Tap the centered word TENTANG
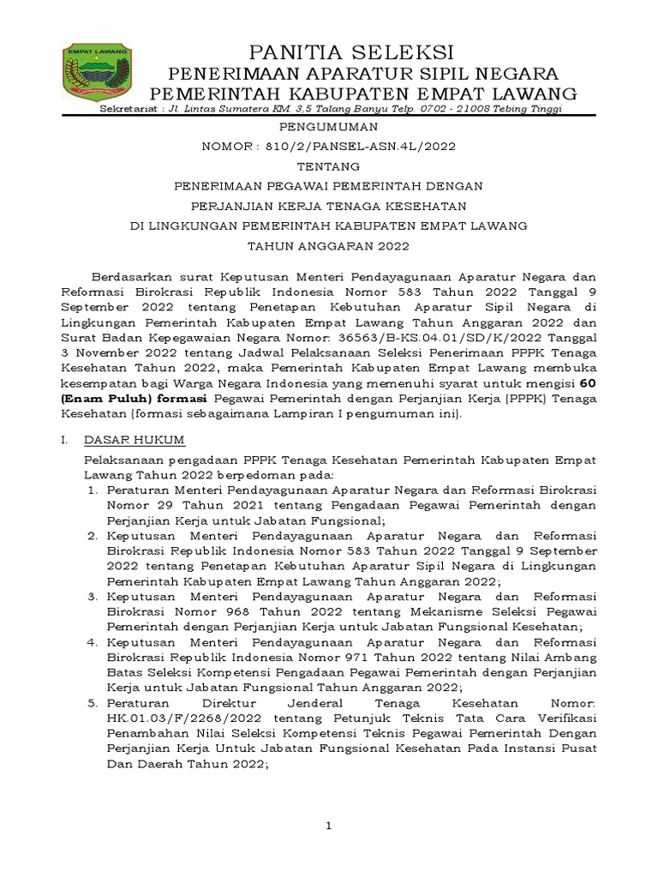330,165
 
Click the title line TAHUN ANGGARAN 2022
330,245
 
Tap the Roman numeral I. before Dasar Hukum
65,440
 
